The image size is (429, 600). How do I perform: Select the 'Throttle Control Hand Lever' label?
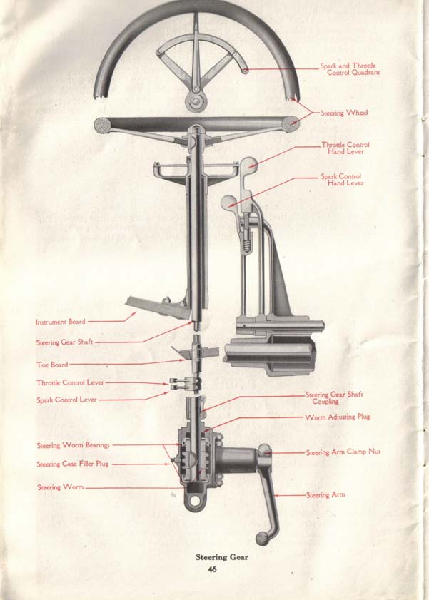coord(345,148)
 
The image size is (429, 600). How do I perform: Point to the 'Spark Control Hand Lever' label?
coord(342,180)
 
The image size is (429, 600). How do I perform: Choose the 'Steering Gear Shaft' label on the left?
coord(65,342)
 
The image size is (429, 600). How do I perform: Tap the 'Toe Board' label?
coord(52,365)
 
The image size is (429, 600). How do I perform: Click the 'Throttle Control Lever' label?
coord(69,383)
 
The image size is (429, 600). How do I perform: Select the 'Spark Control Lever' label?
coord(66,400)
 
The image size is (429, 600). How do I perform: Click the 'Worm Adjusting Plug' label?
coord(338,417)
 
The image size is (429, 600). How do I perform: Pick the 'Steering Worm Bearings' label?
coord(74,446)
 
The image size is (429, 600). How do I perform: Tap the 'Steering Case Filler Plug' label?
coord(73,464)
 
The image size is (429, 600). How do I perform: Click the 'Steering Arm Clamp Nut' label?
coord(343,452)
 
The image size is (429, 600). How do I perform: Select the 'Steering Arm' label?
coord(325,494)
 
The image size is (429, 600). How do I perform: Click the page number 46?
coord(212,569)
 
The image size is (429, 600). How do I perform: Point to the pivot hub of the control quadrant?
coord(194,99)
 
